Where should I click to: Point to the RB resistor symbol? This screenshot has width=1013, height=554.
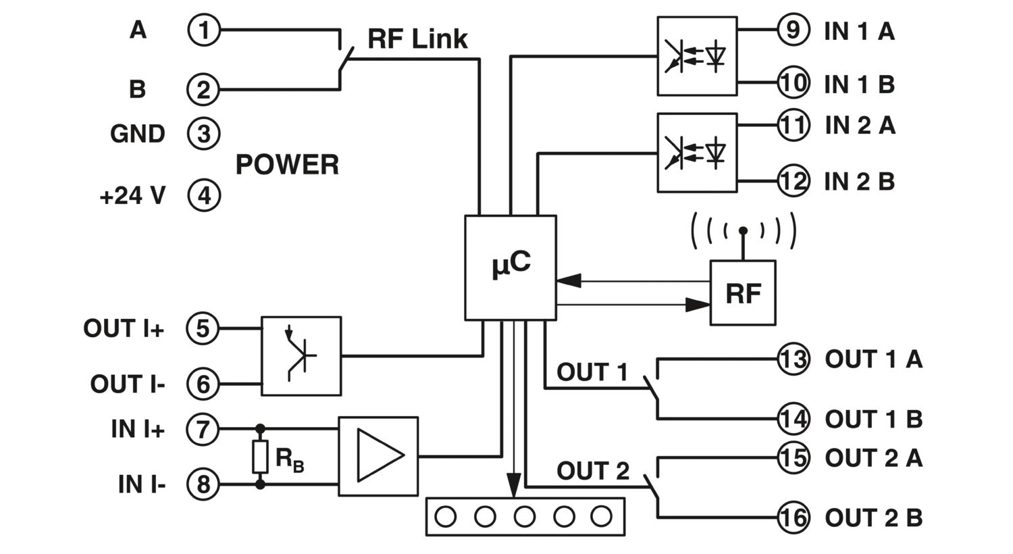tap(260, 456)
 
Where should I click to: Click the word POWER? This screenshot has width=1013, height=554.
tap(287, 164)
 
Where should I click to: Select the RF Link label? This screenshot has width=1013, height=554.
tap(417, 39)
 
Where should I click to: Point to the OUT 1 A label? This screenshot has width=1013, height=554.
tap(874, 359)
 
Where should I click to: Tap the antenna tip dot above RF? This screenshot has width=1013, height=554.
tap(743, 230)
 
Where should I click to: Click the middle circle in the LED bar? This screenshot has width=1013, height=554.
tap(525, 516)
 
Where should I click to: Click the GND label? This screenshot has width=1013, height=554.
tap(138, 134)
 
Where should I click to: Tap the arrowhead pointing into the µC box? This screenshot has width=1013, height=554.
tap(569, 280)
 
